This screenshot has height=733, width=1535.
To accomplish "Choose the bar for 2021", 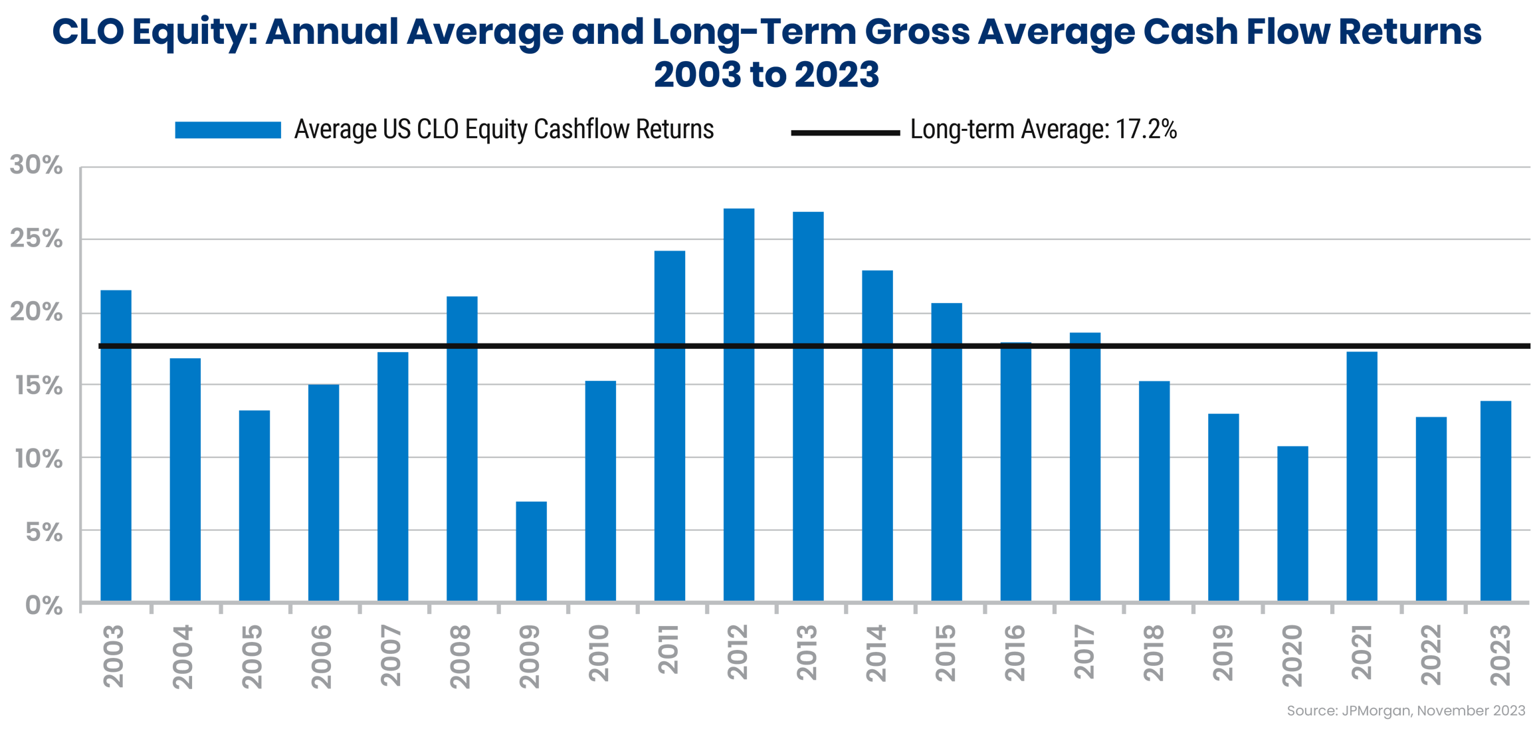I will [1362, 476].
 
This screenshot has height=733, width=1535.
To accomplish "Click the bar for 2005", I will [255, 505].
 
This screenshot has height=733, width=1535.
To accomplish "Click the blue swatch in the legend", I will [228, 130].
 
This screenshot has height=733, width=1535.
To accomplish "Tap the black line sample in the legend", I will [845, 132].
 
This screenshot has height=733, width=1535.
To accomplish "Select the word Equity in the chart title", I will [189, 33].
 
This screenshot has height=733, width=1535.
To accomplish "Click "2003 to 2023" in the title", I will [766, 74].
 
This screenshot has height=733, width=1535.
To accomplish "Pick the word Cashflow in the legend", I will [583, 129].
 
